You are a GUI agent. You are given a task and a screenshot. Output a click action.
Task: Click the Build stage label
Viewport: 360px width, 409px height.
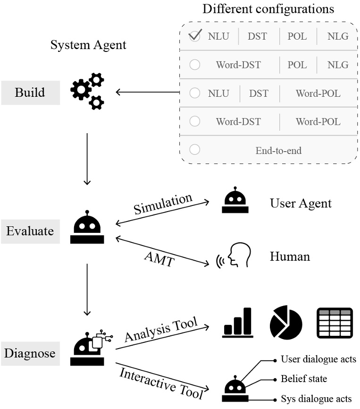(30, 92)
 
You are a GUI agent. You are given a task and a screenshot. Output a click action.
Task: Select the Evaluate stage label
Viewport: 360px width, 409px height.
(30, 231)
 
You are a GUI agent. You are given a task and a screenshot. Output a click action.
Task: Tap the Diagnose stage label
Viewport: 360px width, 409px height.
(30, 353)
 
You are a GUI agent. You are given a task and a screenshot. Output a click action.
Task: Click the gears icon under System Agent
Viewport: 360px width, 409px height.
(87, 92)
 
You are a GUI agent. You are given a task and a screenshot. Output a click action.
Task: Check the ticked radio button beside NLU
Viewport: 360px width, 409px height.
(194, 37)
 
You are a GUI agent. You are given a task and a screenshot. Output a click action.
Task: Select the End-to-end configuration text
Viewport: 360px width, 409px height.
(278, 151)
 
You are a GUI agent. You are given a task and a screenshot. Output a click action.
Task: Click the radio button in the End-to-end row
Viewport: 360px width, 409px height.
(194, 150)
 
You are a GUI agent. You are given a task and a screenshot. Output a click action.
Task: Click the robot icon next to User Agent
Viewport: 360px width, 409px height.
(235, 203)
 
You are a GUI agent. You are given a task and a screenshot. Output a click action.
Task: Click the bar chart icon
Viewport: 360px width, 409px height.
(238, 323)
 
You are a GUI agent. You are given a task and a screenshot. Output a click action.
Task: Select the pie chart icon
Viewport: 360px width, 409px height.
(286, 323)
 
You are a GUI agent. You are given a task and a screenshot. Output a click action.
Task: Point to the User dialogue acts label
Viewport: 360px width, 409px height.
(318, 359)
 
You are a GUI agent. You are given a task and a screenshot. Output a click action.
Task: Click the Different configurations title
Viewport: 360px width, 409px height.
(268, 9)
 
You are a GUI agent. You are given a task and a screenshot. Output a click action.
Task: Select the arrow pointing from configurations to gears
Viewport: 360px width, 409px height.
(147, 92)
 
